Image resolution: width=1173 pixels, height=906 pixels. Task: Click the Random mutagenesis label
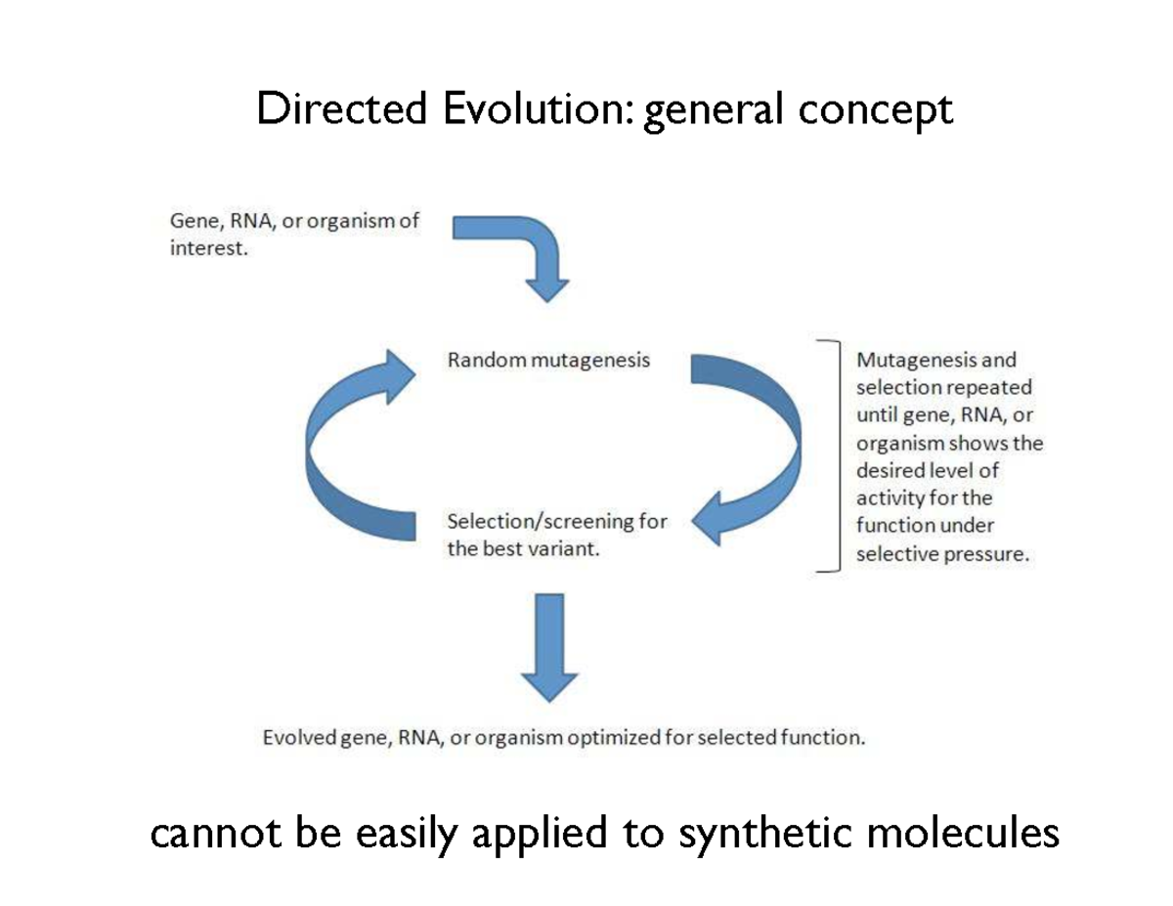tap(548, 360)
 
